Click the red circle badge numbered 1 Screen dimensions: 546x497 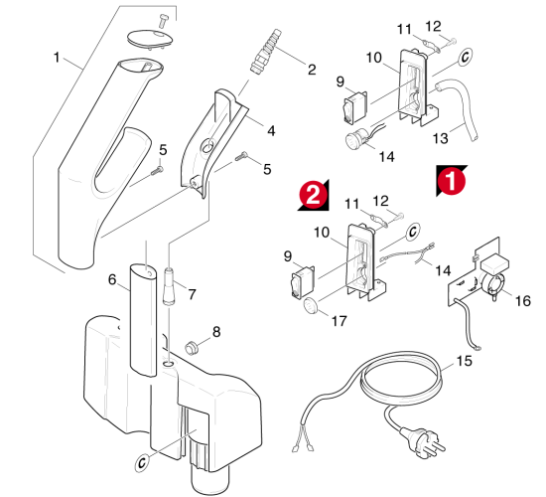coord(451,180)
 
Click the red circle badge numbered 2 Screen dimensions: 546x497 coord(314,195)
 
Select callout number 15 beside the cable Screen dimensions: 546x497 coord(465,361)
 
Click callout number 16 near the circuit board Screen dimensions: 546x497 coord(522,300)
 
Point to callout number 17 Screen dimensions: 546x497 coord(340,321)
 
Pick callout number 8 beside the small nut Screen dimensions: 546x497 coord(216,332)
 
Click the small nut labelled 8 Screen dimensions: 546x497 coord(191,348)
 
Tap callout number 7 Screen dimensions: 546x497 coord(192,294)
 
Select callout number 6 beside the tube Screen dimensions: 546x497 coord(112,279)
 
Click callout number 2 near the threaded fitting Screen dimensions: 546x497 coord(312,70)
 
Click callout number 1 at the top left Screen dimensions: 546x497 coord(57,58)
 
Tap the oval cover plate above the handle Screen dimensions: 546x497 coord(150,39)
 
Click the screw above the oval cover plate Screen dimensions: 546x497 coord(162,20)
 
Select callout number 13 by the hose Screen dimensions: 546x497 coord(440,138)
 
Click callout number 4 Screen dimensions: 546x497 coord(271,131)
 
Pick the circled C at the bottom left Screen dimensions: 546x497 coord(142,462)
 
